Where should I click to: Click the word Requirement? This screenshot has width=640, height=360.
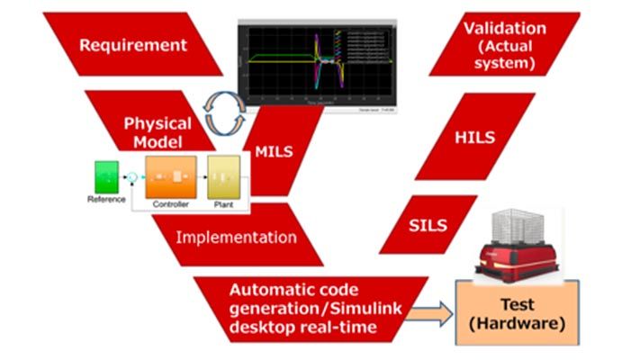point(132,44)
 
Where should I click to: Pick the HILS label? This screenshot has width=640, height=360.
point(475,139)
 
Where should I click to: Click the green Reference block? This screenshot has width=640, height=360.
point(106,175)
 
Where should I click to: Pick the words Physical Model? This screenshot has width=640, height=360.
point(158,133)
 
